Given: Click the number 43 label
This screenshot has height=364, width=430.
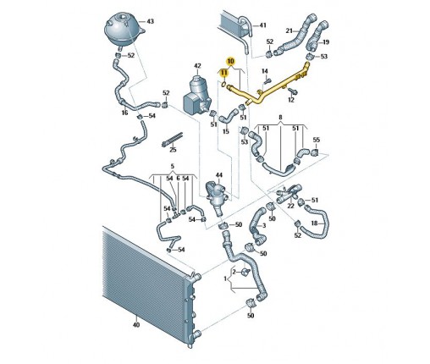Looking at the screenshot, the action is (x=150, y=21).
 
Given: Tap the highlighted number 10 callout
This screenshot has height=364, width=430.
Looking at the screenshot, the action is (x=230, y=61).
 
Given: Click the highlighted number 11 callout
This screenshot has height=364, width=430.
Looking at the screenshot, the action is (x=223, y=73).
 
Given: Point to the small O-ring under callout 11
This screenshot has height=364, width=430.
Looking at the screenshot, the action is (x=223, y=84).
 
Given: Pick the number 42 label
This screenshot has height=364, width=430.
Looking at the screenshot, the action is (x=197, y=66).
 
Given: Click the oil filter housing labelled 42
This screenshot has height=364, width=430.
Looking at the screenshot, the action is (x=197, y=94).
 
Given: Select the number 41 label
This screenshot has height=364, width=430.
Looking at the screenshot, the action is (x=262, y=25).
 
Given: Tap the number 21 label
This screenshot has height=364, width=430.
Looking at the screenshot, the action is (x=289, y=30).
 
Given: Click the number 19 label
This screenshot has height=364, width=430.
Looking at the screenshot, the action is (x=326, y=42).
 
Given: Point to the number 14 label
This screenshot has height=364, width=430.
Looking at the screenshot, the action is (x=265, y=71).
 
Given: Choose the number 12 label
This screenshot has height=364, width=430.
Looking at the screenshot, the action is (x=291, y=100).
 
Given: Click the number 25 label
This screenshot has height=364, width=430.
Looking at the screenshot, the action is (x=173, y=149).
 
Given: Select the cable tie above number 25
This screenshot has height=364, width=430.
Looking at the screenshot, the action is (x=173, y=140).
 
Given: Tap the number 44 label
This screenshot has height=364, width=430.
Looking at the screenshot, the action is (x=219, y=175).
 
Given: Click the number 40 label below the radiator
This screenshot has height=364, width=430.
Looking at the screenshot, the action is (x=136, y=325).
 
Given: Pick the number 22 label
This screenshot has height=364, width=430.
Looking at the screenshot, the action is (x=290, y=206).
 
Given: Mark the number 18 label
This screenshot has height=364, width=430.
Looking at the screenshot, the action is (x=314, y=223).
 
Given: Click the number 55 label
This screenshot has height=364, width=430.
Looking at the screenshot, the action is (x=317, y=140).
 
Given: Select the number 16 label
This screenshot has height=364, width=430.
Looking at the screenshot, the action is (x=124, y=113).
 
